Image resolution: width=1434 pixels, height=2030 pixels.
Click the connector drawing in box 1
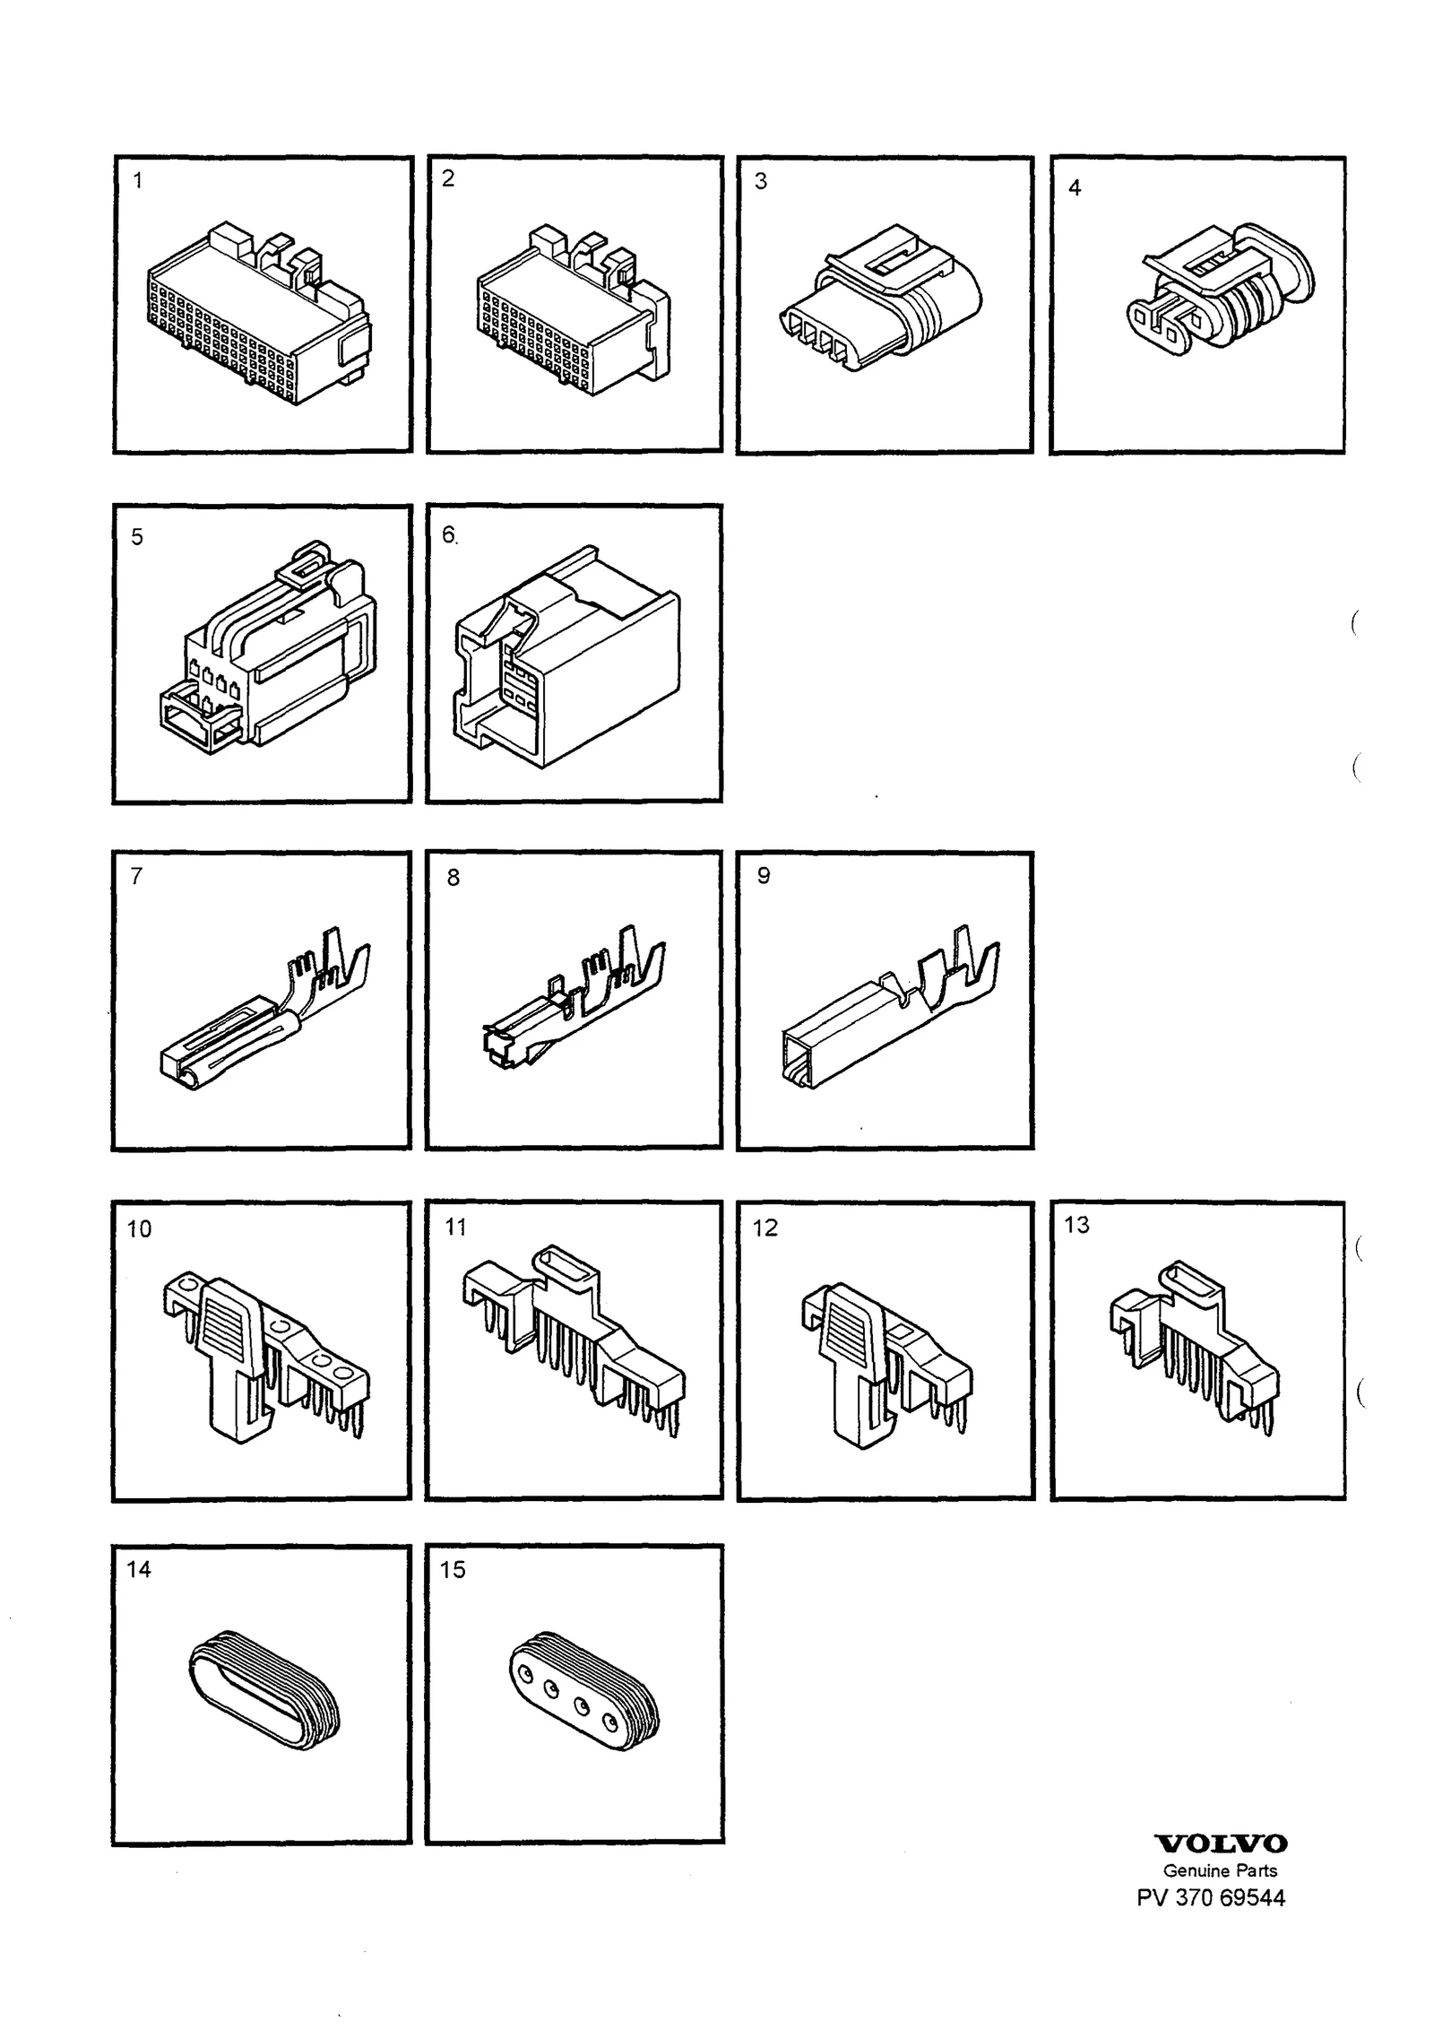tap(258, 312)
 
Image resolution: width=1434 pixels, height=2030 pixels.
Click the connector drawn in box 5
tap(268, 646)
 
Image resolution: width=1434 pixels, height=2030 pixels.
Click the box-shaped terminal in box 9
tap(891, 1007)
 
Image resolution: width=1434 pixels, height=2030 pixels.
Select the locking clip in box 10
tap(266, 1357)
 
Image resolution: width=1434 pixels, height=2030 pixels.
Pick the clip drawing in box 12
tap(885, 1366)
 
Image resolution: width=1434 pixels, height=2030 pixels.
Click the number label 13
tap(1076, 1225)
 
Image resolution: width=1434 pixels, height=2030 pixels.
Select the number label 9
tap(764, 875)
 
